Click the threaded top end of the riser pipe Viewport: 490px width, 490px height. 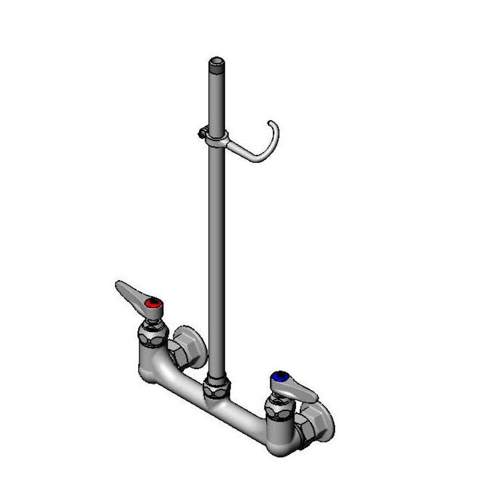[217, 64]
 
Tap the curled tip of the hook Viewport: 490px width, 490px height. [272, 124]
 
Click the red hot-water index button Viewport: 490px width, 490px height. [152, 303]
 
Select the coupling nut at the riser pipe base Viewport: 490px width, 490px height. [216, 387]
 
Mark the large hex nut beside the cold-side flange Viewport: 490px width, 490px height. [306, 429]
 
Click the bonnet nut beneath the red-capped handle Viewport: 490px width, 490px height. [153, 334]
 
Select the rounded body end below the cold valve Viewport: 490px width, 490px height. [282, 446]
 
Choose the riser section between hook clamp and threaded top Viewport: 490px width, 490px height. [217, 98]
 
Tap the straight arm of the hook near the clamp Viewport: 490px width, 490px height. [241, 151]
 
